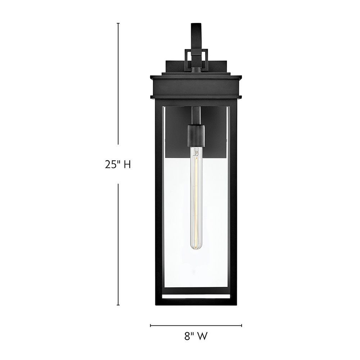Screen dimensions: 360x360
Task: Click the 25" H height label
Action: click(x=118, y=165)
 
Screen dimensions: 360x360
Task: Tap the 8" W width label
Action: click(x=196, y=336)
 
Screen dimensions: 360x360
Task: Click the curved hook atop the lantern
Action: click(x=196, y=37)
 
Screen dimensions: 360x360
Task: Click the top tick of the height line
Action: click(x=118, y=23)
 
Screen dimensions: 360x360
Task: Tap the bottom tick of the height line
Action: click(x=118, y=305)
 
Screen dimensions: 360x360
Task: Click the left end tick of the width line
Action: click(x=150, y=325)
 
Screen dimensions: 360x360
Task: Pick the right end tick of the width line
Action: click(x=242, y=325)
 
